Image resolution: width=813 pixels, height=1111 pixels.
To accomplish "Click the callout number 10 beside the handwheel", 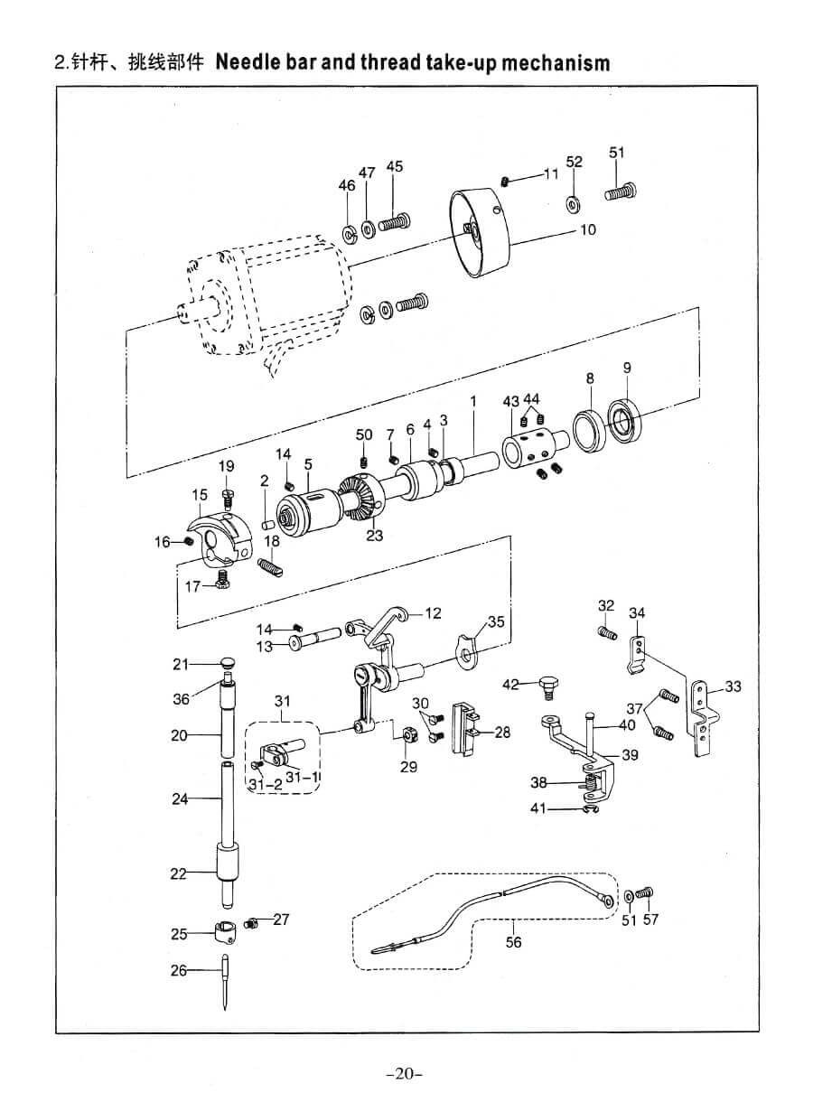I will [x=587, y=229].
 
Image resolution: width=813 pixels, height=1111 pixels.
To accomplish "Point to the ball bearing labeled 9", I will [x=623, y=419].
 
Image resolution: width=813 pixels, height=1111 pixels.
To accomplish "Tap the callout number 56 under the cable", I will [x=514, y=942].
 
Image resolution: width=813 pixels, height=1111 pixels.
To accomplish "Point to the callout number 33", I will [x=733, y=686].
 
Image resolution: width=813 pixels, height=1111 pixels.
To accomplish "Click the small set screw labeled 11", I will [x=507, y=182].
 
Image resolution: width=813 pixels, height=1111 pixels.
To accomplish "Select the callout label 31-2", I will [x=266, y=784].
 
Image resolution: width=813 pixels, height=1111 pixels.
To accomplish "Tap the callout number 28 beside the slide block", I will [x=502, y=733].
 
